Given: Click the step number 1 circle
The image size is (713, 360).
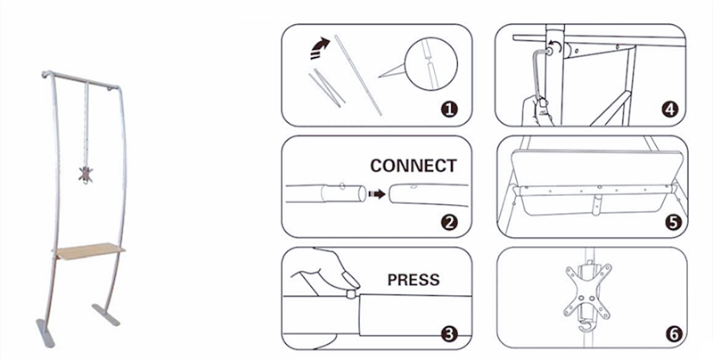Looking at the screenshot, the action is click(449, 109).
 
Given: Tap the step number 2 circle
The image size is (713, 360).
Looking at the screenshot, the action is click(449, 223).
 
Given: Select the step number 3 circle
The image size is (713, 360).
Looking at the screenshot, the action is click(449, 334).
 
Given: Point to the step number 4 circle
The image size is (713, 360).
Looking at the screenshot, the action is click(669, 109).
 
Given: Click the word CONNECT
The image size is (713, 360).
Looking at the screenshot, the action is click(414, 166).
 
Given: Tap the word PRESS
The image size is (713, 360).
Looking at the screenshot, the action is click(414, 280).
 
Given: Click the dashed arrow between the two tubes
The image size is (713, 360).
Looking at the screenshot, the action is click(377, 194).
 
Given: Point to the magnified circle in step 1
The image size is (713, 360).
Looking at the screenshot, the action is click(431, 64).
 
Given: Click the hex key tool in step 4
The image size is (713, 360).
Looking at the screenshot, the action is click(540, 74).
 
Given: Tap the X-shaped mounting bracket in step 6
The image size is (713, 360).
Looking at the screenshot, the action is click(586, 291).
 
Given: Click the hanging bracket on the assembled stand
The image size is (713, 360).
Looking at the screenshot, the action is click(86, 175).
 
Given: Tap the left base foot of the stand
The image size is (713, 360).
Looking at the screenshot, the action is click(45, 332).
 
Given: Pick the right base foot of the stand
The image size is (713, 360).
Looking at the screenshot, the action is click(106, 315).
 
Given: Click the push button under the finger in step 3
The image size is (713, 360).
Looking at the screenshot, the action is click(350, 294).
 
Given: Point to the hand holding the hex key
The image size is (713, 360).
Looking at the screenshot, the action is click(537, 110).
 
